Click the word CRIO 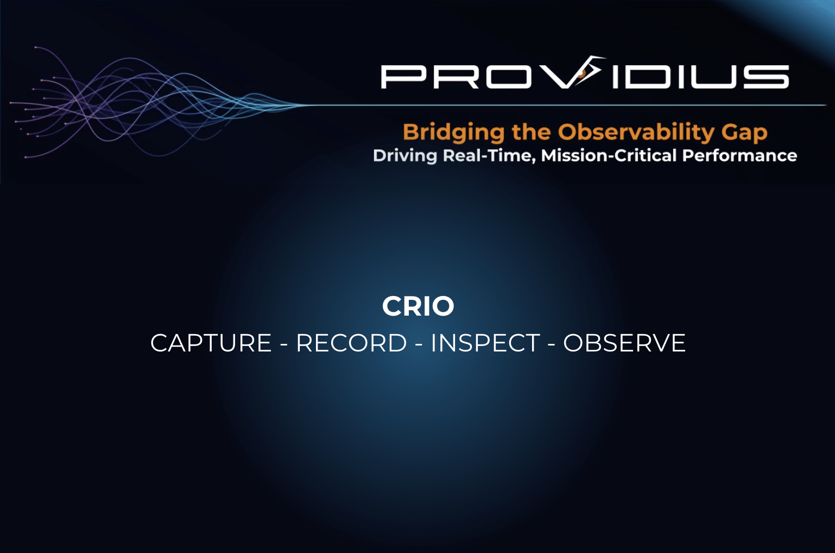pos(418,306)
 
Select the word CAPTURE pos(211,343)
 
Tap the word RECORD pos(351,343)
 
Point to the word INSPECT pos(485,343)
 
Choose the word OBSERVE pos(624,343)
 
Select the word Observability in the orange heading pos(636,133)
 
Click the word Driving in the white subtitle pos(405,156)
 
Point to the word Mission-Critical pos(609,155)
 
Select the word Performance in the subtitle pos(739,155)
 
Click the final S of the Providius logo pos(767,77)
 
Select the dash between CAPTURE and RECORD pos(284,344)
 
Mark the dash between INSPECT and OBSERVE pos(552,344)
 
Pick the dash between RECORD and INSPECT pos(419,344)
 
